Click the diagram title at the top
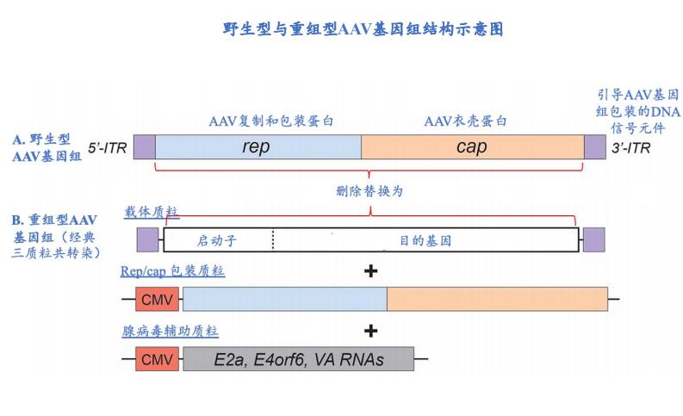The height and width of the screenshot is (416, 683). [363, 29]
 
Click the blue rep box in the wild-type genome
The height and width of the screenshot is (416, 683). [258, 146]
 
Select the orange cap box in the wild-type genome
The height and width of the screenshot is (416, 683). [472, 146]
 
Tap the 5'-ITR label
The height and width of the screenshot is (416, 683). [107, 147]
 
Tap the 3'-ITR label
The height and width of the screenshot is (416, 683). [631, 147]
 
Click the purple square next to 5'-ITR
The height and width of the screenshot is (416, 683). [144, 146]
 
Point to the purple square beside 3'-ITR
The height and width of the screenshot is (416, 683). [595, 146]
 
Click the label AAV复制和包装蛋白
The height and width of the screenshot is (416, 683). [271, 121]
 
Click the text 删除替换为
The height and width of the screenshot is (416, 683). [369, 191]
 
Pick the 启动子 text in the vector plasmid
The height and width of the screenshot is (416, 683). [215, 240]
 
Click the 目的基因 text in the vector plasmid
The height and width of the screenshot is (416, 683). [425, 240]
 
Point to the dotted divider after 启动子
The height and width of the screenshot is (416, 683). [273, 239]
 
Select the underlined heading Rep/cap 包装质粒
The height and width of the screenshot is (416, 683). [172, 271]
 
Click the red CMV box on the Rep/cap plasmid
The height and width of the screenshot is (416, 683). [157, 299]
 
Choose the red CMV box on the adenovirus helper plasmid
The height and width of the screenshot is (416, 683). [157, 358]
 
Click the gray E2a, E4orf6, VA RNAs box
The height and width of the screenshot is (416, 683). [298, 358]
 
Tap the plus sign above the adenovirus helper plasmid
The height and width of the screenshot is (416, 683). [371, 331]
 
